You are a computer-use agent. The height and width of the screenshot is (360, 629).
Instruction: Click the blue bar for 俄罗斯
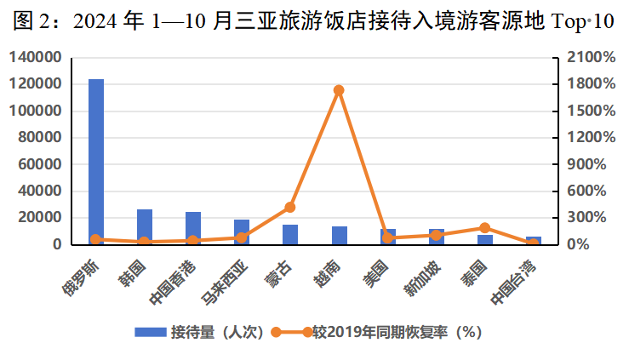click(x=96, y=162)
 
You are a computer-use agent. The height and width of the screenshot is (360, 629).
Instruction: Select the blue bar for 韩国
click(x=145, y=227)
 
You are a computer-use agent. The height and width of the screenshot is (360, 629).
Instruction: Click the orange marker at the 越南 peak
click(x=339, y=89)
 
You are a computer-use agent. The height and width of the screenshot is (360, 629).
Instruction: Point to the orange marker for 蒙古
click(x=290, y=207)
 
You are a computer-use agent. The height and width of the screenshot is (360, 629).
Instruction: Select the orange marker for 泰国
click(x=484, y=228)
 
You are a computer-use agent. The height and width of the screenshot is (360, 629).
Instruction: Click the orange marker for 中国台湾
click(x=533, y=243)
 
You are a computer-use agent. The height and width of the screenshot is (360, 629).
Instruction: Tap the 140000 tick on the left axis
click(x=37, y=58)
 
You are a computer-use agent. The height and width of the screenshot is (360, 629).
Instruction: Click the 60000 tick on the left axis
click(x=42, y=164)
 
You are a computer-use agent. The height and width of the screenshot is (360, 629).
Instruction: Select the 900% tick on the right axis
click(x=588, y=164)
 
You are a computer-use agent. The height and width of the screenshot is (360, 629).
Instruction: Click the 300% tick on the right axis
click(x=588, y=218)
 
